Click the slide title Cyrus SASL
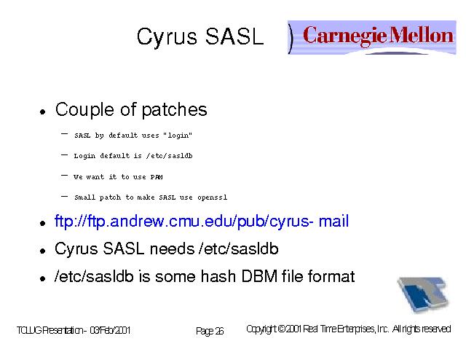pyautogui.click(x=200, y=37)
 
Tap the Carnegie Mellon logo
pyautogui.click(x=372, y=37)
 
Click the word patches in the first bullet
pyautogui.click(x=174, y=110)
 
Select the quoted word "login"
pyautogui.click(x=178, y=136)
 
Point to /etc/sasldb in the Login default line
pyautogui.click(x=170, y=156)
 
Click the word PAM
pyautogui.click(x=157, y=177)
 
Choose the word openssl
pyautogui.click(x=212, y=197)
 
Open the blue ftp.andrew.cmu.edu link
pyautogui.click(x=202, y=222)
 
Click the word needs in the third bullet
pyautogui.click(x=172, y=249)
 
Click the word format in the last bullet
pyautogui.click(x=331, y=276)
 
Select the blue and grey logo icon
pyautogui.click(x=423, y=294)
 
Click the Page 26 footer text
pyautogui.click(x=210, y=331)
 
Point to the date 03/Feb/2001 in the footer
pyautogui.click(x=110, y=330)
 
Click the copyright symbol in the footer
pyautogui.click(x=282, y=329)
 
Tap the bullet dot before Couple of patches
pyautogui.click(x=43, y=112)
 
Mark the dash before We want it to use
pyautogui.click(x=64, y=176)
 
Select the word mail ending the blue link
pyautogui.click(x=333, y=222)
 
